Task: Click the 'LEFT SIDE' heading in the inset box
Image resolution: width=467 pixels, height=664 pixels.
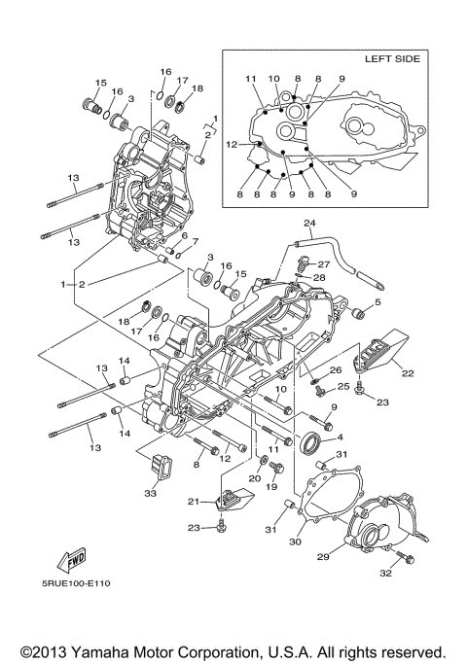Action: point(392,59)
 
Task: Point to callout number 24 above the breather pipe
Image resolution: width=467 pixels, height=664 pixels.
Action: point(308,223)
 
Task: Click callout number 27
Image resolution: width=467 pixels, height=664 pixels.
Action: point(324,263)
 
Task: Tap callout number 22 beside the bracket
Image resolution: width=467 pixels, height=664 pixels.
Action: point(408,372)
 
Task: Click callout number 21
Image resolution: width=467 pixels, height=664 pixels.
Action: point(193,502)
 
